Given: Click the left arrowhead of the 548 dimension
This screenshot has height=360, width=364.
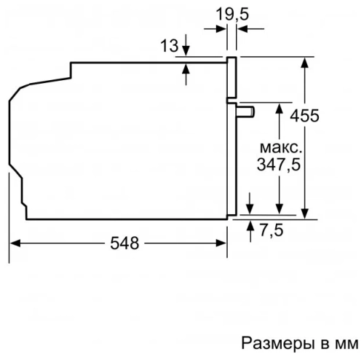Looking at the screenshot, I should pos(13,243).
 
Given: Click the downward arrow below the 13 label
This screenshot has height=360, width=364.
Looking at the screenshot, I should pos(186,52).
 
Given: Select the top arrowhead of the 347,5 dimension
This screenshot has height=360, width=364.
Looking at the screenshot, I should pos(279,107).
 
